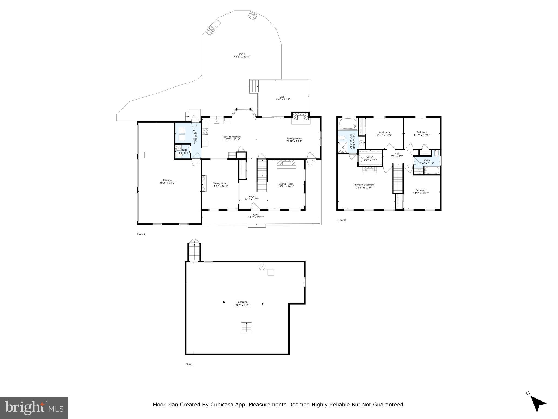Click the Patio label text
(x=242, y=54)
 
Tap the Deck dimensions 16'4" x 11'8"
(x=282, y=100)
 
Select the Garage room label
(x=167, y=180)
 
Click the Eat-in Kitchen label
(x=232, y=137)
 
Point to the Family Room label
(x=294, y=138)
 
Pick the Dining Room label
(x=220, y=184)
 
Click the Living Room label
(x=286, y=184)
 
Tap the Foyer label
(x=252, y=197)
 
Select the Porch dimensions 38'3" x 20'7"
(x=256, y=217)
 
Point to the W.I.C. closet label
(x=370, y=157)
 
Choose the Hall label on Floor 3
(x=397, y=154)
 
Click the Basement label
(x=242, y=302)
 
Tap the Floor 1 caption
(x=190, y=364)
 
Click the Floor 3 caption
(x=341, y=220)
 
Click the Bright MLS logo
(x=34, y=408)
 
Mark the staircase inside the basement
(x=246, y=327)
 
